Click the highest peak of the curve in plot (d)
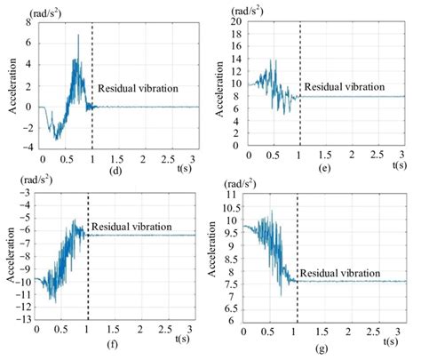[78, 36]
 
